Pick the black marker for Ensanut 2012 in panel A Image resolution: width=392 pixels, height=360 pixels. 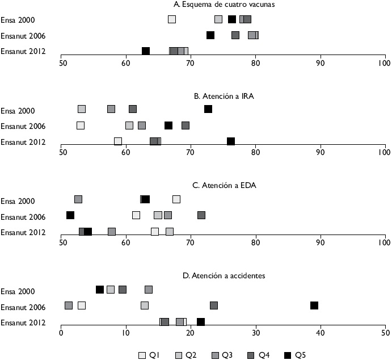[146, 51]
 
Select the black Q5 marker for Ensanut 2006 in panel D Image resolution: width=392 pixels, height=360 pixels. [314, 305]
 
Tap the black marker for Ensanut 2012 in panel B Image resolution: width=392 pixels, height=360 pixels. [231, 141]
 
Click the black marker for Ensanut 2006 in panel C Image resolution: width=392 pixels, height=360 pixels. [70, 215]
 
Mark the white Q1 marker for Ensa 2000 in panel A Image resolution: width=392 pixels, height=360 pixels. [172, 19]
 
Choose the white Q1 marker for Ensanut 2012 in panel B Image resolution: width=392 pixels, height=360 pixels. [118, 141]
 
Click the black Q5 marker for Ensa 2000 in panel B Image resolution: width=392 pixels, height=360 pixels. [208, 109]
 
